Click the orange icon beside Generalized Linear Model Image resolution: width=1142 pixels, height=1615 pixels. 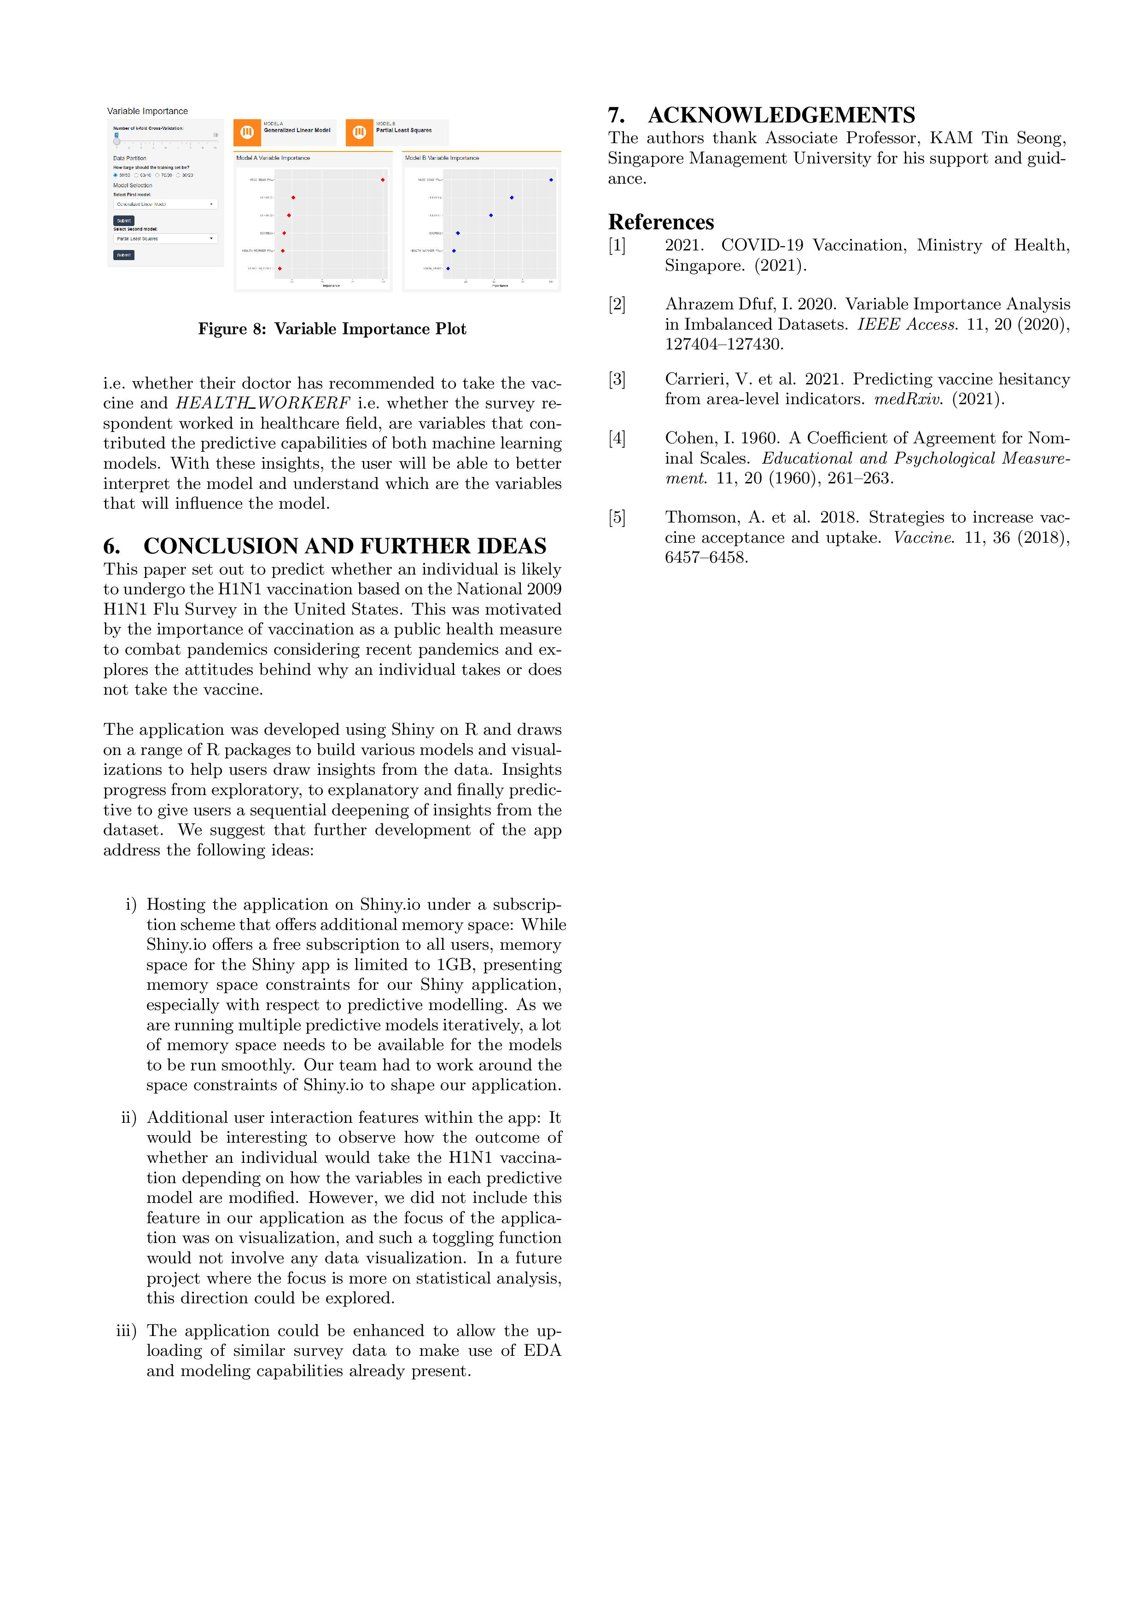247,132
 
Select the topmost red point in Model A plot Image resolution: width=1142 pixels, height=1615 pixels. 383,180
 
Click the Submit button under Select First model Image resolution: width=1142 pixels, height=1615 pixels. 124,220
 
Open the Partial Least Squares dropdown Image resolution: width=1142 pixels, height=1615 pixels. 165,238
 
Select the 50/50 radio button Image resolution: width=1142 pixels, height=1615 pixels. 116,175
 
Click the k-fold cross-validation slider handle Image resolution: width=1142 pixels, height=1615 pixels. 117,141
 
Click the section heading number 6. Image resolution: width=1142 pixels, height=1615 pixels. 111,546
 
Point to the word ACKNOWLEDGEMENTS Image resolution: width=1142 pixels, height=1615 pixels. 781,116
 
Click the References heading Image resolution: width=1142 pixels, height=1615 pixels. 661,222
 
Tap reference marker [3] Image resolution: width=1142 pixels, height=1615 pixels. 617,379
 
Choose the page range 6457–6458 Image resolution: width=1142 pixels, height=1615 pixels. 706,557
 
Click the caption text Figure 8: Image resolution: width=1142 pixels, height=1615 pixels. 232,329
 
